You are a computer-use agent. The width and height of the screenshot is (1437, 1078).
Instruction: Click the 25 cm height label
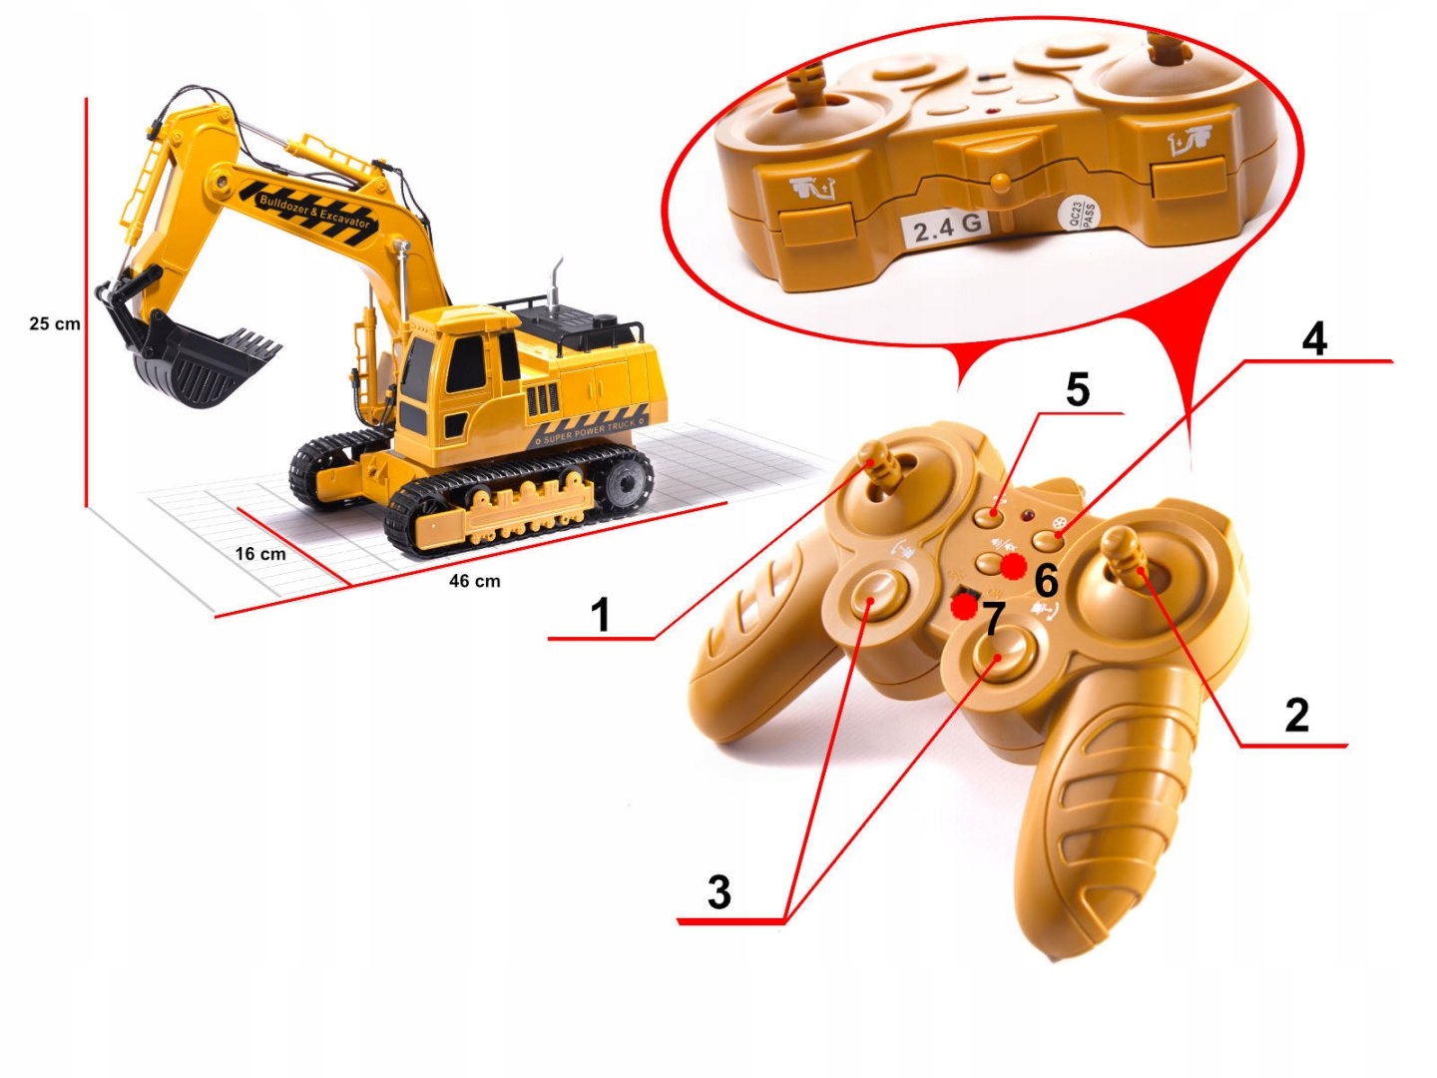(x=55, y=323)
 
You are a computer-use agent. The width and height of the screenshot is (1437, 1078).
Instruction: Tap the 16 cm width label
(x=260, y=554)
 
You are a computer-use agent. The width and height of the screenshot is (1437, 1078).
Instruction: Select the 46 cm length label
(x=474, y=581)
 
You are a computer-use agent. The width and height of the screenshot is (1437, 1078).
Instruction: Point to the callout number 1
(x=600, y=615)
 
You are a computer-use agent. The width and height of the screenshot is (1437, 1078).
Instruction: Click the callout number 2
(x=1296, y=715)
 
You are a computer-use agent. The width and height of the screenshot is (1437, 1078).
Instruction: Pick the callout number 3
(x=718, y=891)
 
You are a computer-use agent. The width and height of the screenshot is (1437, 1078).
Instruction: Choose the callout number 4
(x=1314, y=339)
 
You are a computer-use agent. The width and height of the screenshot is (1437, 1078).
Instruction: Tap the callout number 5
(x=1078, y=389)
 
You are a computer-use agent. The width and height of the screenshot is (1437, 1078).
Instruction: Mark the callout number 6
(x=1046, y=579)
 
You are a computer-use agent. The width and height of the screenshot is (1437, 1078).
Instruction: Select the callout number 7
(x=992, y=619)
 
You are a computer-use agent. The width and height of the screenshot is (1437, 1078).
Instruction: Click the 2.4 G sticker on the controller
(x=945, y=229)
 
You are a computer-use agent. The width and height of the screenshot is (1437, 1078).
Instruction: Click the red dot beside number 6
(x=1014, y=567)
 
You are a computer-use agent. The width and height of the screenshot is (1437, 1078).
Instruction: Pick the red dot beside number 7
(x=963, y=605)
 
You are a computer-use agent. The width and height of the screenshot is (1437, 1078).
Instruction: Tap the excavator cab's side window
(x=465, y=363)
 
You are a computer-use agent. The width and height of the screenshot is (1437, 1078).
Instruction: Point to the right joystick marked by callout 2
(x=1125, y=555)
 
